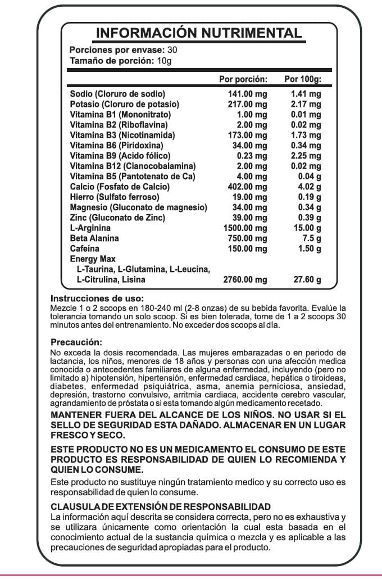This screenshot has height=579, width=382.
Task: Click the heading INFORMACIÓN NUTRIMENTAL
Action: (x=199, y=33)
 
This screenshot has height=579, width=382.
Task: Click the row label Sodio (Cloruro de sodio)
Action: (x=117, y=94)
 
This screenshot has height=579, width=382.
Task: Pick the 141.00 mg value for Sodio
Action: (x=245, y=94)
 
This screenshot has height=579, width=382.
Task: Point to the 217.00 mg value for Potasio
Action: (x=245, y=105)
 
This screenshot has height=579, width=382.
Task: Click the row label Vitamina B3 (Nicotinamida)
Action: (x=122, y=135)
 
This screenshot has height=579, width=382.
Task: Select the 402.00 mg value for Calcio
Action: (x=245, y=187)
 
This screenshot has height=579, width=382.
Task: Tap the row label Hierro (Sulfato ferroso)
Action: (x=115, y=197)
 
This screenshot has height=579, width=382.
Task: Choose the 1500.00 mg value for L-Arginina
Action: (x=243, y=228)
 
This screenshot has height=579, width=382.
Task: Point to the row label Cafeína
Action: (x=85, y=248)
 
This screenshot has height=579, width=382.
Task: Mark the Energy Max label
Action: (x=93, y=259)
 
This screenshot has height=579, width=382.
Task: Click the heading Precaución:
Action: (x=76, y=342)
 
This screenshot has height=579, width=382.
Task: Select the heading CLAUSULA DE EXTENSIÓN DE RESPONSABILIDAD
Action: (x=161, y=506)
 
